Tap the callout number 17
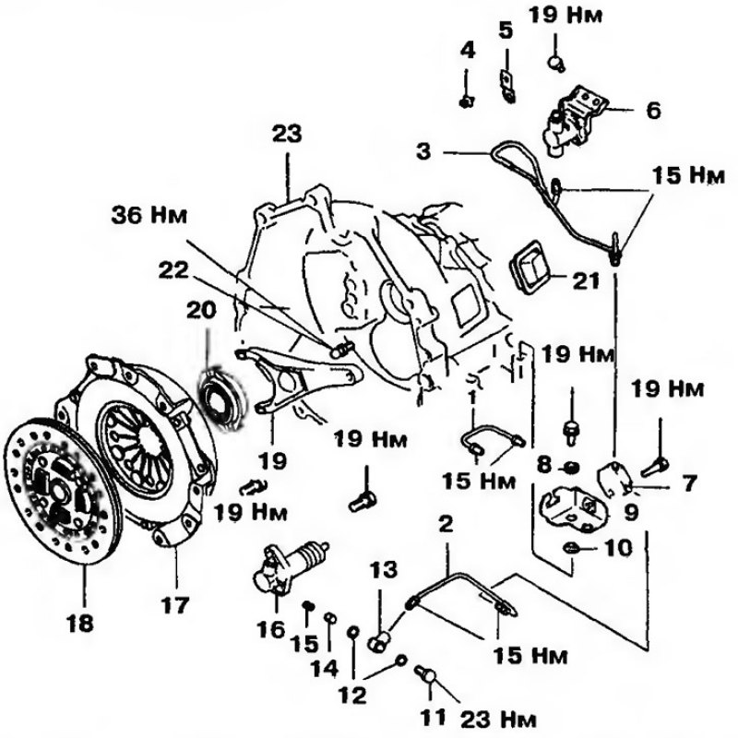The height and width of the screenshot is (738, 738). [174, 605]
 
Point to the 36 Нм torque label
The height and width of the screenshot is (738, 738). [149, 216]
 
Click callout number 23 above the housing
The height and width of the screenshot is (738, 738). [287, 133]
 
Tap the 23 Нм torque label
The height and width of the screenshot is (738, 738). [498, 720]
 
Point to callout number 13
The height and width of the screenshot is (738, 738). [383, 569]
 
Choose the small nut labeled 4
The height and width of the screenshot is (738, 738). [467, 101]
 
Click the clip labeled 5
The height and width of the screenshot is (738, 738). [506, 86]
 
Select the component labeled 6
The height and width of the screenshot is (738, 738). [574, 121]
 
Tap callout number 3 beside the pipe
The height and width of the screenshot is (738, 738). [423, 152]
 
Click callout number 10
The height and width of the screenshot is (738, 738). [617, 548]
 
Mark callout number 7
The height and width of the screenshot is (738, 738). [689, 482]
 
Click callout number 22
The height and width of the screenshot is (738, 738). [173, 269]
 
